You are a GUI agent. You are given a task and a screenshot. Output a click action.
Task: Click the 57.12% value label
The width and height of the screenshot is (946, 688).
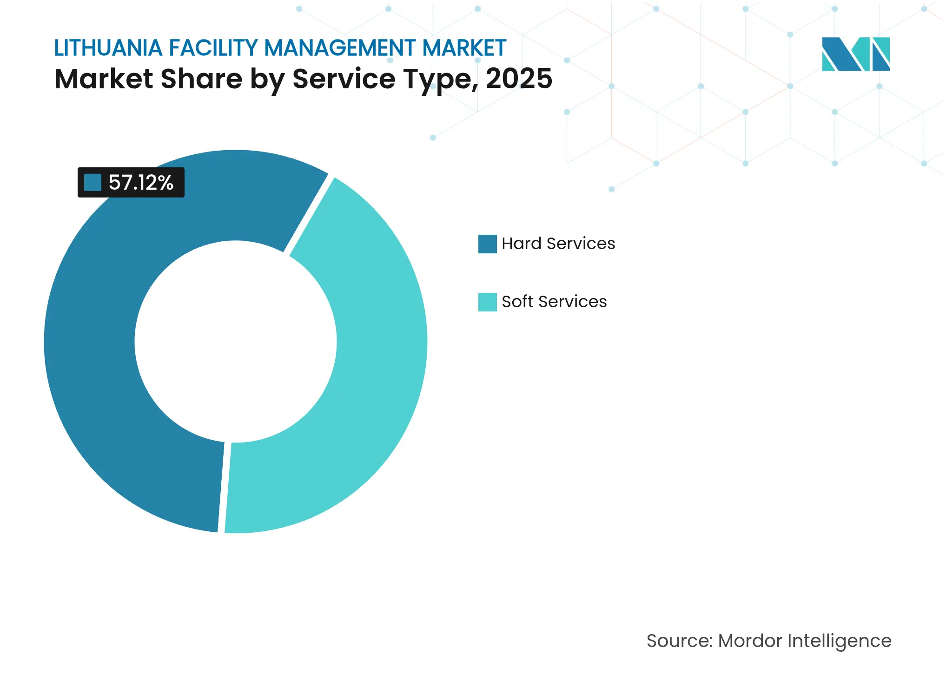click(141, 183)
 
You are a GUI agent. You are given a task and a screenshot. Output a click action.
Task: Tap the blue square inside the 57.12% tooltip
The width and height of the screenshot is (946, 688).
click(93, 183)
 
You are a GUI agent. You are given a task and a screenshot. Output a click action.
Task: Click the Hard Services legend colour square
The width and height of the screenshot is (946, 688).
click(487, 244)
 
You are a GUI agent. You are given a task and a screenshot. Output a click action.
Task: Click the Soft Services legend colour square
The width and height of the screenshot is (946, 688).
click(487, 302)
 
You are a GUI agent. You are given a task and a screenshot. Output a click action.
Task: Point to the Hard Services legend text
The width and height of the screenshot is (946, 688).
click(558, 244)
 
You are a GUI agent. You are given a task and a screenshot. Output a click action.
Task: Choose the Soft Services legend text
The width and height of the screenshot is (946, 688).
click(554, 302)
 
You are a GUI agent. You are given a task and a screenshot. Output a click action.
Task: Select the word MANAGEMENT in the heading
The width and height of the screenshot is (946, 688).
click(339, 48)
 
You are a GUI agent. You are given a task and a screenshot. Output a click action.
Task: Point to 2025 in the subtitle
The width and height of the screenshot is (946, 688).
click(519, 79)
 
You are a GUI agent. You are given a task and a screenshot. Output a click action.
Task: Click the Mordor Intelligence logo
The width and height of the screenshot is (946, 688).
click(855, 54)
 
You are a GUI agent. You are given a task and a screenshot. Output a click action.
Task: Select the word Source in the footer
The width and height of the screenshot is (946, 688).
click(679, 641)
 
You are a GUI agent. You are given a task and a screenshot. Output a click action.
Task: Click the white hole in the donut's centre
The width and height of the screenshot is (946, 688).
click(236, 342)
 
